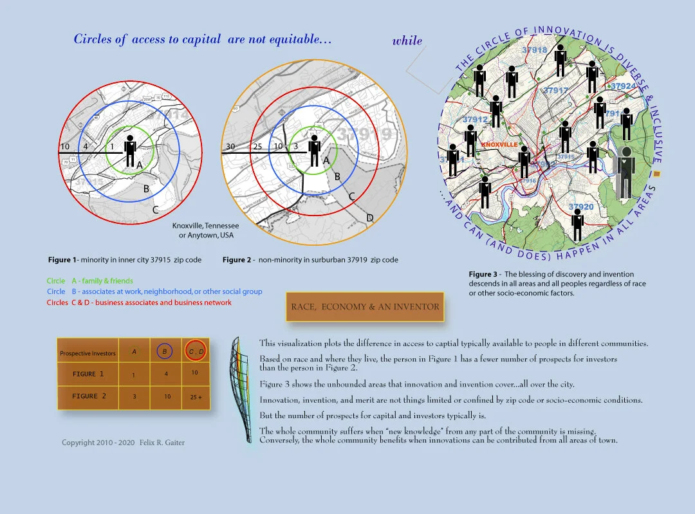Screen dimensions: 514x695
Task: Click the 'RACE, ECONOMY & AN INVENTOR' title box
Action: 365,307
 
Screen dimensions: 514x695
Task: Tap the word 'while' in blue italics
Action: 407,41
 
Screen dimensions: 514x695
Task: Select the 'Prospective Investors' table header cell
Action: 87,353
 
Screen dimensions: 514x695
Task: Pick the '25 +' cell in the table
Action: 196,397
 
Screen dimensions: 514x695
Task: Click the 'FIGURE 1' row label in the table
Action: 84,374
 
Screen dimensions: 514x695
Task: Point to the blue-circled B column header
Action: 163,352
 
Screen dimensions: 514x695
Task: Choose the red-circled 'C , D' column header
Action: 196,351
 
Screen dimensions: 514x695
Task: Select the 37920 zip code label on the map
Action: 581,207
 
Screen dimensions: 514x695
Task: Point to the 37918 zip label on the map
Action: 534,50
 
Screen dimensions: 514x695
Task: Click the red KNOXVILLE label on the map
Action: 499,145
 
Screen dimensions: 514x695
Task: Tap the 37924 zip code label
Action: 622,86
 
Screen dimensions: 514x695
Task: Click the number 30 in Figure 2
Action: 230,147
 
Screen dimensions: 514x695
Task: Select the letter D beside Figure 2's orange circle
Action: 370,218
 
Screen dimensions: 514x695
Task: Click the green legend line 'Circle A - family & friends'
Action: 89,281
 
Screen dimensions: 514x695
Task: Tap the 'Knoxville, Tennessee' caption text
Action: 205,226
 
